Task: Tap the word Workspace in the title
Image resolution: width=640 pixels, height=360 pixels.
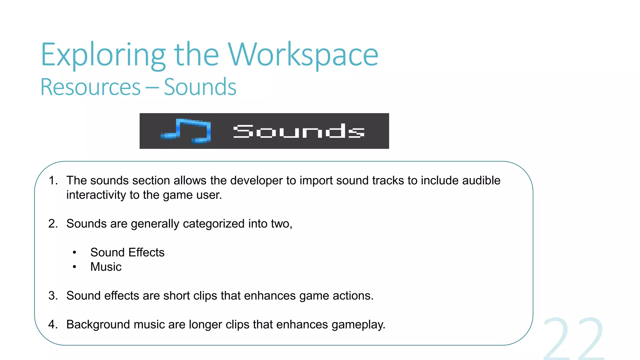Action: pos(303,55)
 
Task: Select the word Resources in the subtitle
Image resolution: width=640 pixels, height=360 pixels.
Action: pos(91,87)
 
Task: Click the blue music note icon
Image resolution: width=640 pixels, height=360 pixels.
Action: pos(186,131)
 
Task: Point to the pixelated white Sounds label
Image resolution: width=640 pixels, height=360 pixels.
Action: pos(299,131)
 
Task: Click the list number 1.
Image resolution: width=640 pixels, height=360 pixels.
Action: pos(53,181)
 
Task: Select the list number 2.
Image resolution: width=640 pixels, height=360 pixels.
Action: pos(53,224)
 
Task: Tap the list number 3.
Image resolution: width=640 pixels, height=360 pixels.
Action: pos(53,296)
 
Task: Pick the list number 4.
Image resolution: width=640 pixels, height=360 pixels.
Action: pos(53,324)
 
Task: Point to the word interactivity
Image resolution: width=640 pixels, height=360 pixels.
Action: pos(96,195)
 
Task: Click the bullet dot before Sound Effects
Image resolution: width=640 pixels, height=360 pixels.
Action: pos(74,252)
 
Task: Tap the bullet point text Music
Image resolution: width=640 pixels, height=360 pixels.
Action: pos(106,267)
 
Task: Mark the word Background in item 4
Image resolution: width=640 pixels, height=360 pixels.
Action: pos(98,324)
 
